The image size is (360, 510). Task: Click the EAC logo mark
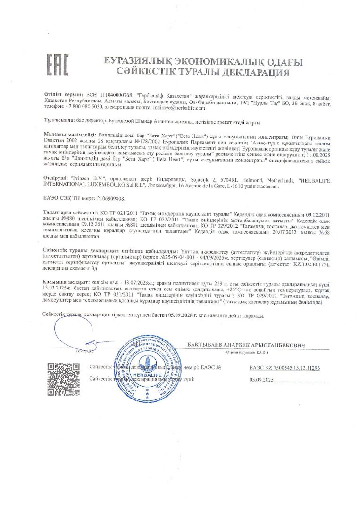coord(57,65)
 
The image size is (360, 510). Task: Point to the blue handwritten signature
coord(80,333)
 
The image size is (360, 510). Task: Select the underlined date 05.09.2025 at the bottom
coord(262,379)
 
